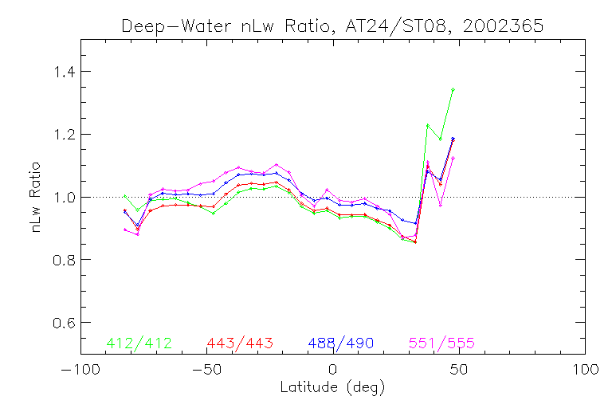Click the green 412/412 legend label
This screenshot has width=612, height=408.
coord(139,343)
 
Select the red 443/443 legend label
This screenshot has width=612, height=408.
coord(240,343)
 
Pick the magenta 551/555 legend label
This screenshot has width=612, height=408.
coord(442,343)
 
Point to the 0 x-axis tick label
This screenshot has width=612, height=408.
coord(333,371)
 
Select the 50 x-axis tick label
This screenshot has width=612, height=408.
coord(459,371)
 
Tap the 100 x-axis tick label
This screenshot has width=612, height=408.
coord(585,371)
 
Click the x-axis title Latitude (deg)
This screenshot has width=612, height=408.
coord(332,388)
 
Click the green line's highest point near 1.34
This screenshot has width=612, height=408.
coord(453,89)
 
